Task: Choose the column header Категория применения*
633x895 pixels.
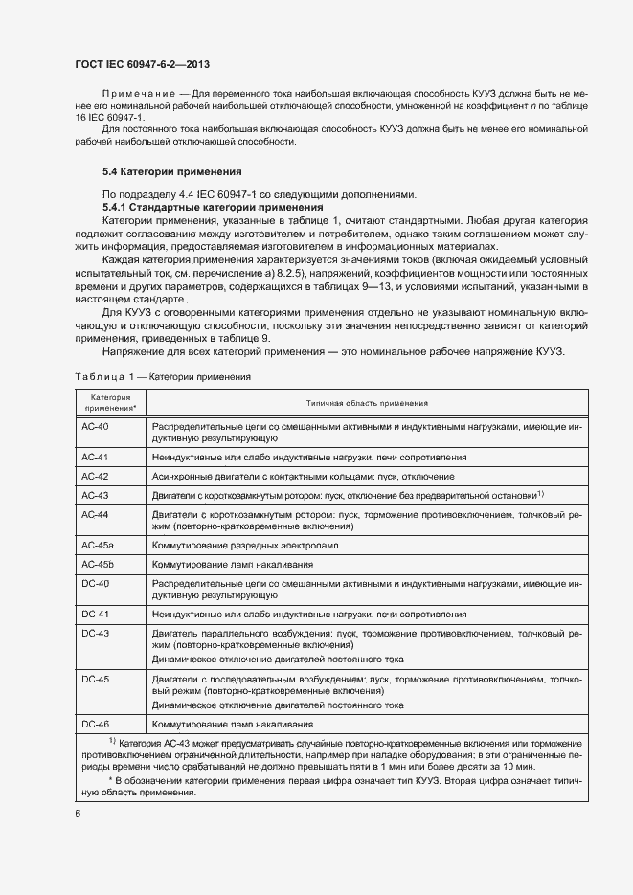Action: pos(109,403)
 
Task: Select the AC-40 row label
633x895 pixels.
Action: pos(96,425)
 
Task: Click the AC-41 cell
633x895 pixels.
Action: pos(96,458)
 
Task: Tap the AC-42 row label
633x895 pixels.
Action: pos(96,476)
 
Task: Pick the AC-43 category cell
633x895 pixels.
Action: pos(96,495)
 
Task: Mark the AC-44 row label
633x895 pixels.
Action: pos(96,514)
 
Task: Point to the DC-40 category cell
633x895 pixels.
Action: pos(96,583)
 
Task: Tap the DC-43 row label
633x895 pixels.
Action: pos(96,634)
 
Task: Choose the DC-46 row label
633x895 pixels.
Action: pos(96,724)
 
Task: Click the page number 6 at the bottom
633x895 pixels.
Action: pos(78,813)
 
